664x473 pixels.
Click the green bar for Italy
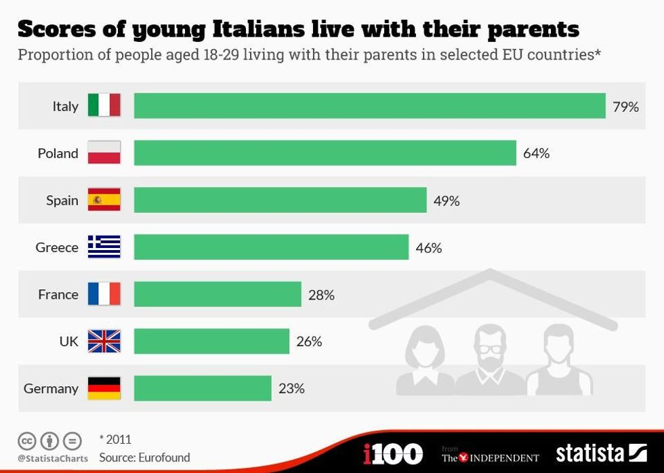(369, 106)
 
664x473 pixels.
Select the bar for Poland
(325, 153)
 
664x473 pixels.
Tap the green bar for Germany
(203, 388)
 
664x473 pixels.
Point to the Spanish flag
(104, 200)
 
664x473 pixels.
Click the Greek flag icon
(104, 247)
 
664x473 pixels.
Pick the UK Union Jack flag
(104, 342)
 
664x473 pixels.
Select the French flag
(104, 294)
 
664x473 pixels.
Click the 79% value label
(625, 106)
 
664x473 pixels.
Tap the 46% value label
(428, 248)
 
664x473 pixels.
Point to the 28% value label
(321, 295)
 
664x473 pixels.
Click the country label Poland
(58, 154)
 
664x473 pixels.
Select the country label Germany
(51, 389)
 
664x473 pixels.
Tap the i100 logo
(393, 453)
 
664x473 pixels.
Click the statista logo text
(590, 453)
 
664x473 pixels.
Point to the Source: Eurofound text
(144, 457)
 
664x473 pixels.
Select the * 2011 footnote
(115, 440)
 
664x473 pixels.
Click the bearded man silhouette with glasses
(489, 359)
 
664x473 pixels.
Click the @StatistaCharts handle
(53, 459)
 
